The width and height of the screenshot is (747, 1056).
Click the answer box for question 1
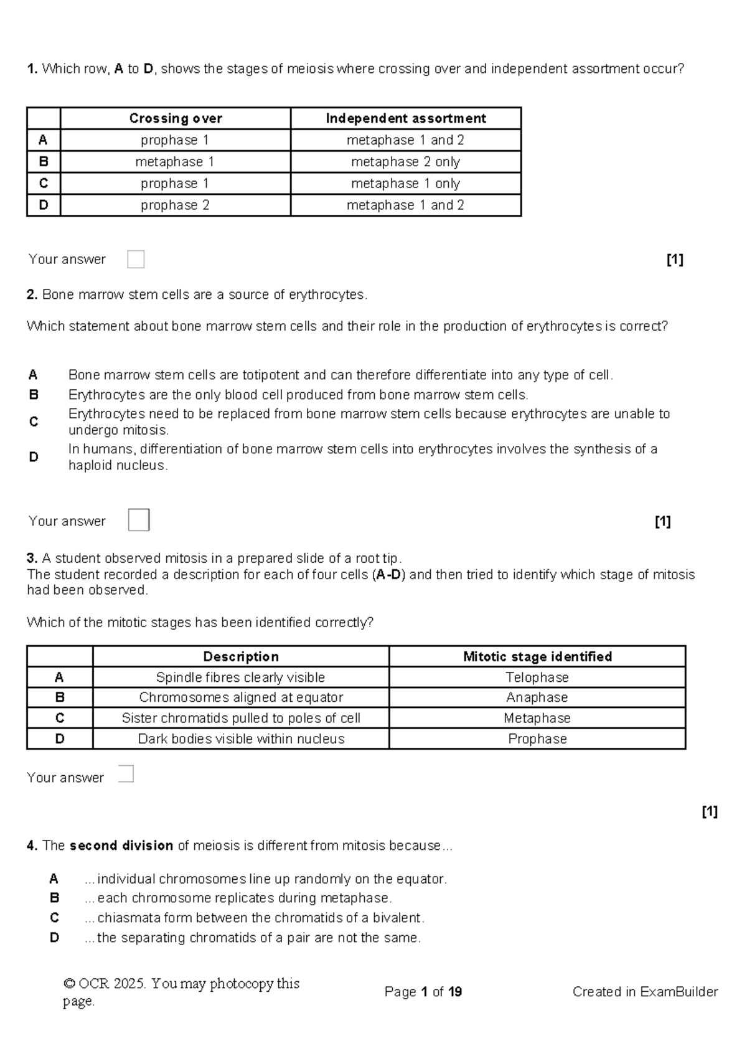(136, 259)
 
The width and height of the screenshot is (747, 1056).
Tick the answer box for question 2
(139, 520)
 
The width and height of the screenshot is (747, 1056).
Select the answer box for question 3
(126, 773)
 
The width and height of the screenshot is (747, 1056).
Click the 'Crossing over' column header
(176, 118)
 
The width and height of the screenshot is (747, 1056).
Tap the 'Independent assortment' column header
(406, 118)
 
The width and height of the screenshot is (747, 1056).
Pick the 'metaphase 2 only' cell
(405, 162)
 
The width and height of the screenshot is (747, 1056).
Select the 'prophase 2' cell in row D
(175, 205)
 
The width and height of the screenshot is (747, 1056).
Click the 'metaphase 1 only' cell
(405, 184)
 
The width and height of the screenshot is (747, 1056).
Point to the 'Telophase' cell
(537, 677)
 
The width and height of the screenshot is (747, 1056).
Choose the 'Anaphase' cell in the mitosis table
(537, 697)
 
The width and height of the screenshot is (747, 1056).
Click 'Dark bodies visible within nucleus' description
(241, 739)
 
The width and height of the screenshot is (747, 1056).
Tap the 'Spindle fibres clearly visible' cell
(241, 677)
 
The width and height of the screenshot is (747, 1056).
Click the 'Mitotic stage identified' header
(537, 657)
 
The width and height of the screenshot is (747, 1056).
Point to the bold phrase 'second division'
(121, 846)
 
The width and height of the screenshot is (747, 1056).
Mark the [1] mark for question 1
(675, 260)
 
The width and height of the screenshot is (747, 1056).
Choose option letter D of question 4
(55, 938)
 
